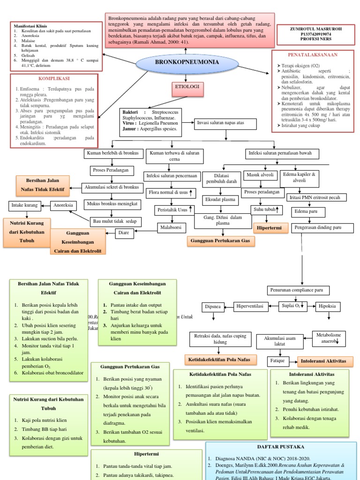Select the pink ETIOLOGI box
187,88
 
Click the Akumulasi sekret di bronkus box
111,187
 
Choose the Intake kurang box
24,205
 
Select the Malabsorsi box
172,227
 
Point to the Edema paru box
303,211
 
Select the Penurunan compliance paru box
299,290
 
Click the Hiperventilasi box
252,307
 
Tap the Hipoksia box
328,307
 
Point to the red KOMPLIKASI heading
54,78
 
